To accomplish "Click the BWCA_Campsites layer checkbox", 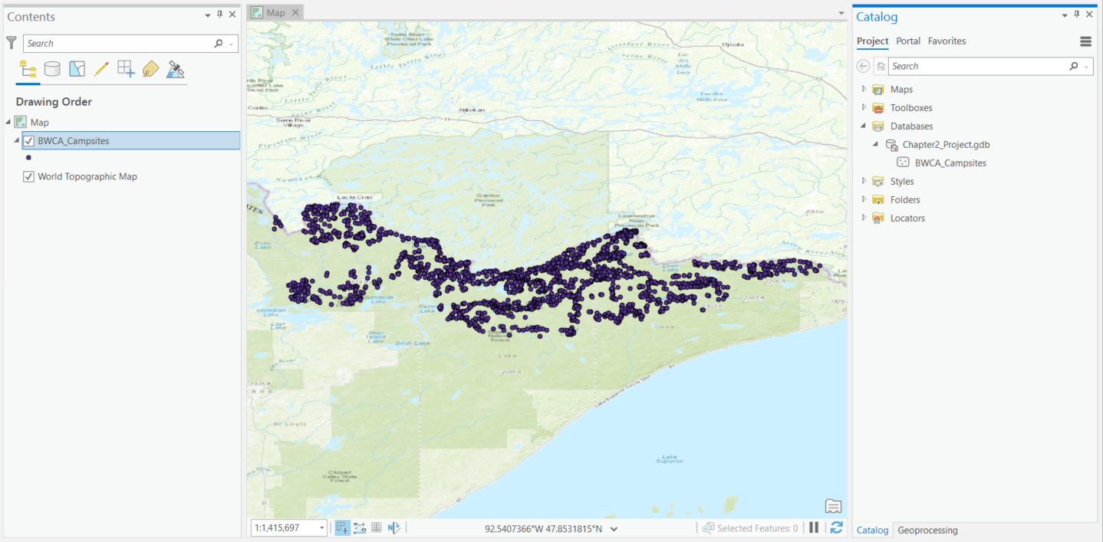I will [29, 141].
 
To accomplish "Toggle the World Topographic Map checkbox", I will [29, 177].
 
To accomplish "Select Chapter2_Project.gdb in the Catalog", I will [946, 145].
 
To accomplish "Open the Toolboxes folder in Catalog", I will [910, 108].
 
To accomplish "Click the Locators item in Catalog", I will [907, 218].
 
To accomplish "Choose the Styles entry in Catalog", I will [901, 182].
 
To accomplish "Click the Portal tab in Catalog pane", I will [908, 41].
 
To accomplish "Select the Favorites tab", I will [947, 41].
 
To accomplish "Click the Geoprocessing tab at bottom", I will [927, 531].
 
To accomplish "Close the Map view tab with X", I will [295, 13].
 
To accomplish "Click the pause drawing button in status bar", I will [814, 527].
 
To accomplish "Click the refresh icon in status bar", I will [836, 527].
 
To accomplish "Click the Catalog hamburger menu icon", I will [1085, 41].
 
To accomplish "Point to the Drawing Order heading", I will [54, 102].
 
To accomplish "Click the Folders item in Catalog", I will [904, 200].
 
